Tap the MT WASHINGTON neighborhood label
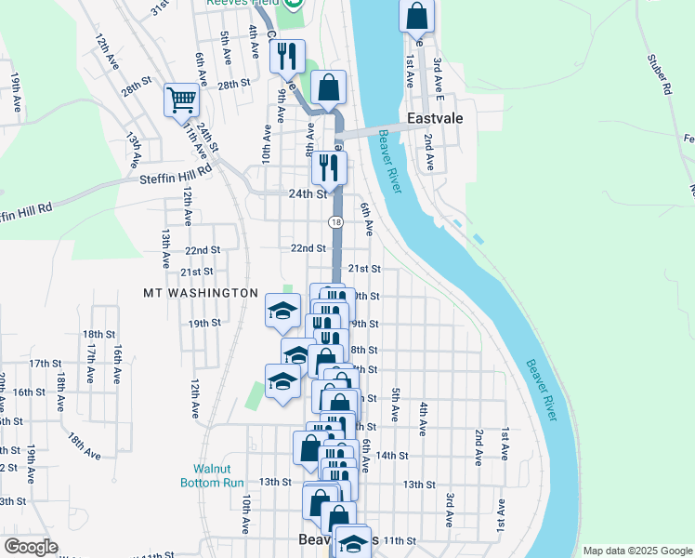[x=201, y=293]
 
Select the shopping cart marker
[x=182, y=100]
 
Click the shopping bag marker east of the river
[x=417, y=16]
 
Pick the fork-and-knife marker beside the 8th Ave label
[x=329, y=167]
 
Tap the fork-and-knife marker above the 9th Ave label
[x=287, y=56]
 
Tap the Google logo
[x=31, y=547]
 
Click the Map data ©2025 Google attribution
[x=637, y=551]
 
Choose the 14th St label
[x=392, y=456]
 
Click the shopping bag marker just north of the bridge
[x=329, y=88]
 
